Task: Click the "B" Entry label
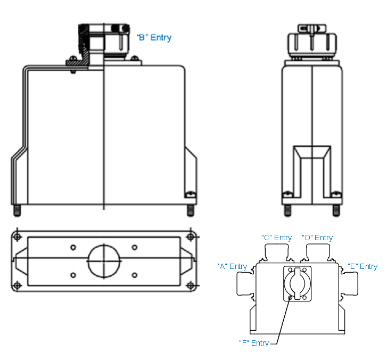click(154, 38)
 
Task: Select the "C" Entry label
click(276, 238)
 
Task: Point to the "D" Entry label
click(317, 238)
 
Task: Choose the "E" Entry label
click(363, 266)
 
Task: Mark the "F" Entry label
click(254, 343)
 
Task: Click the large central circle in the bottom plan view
click(104, 261)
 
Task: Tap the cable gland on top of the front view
click(104, 40)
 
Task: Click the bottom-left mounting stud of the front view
click(17, 210)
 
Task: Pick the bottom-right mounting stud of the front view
click(190, 210)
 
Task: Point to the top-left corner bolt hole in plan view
click(18, 236)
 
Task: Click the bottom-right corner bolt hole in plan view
click(190, 285)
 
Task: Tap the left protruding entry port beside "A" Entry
click(246, 281)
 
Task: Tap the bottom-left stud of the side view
click(287, 210)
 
